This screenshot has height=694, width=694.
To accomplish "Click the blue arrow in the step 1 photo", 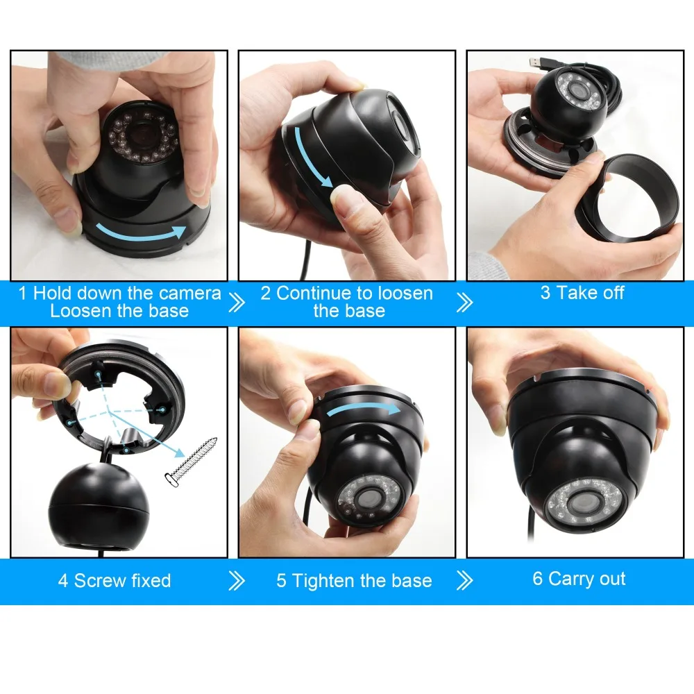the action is [141, 232].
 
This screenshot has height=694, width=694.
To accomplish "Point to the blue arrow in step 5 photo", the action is [364, 409].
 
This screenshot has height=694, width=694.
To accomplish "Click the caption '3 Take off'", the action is [582, 293].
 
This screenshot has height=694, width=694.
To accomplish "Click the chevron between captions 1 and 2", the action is [237, 303].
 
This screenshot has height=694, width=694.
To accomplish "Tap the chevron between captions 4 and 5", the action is [237, 580].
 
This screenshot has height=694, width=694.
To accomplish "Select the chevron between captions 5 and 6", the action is [465, 580].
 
